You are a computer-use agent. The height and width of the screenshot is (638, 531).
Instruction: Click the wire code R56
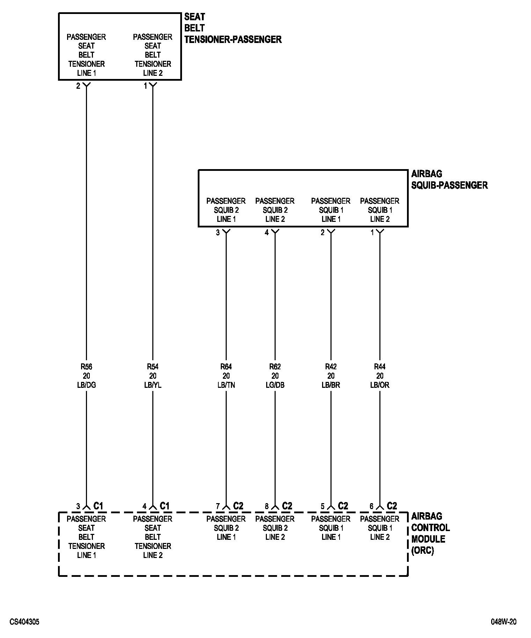86,367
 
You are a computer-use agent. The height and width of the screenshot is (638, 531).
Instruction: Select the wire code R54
153,367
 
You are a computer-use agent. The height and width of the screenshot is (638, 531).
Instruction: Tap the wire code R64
226,367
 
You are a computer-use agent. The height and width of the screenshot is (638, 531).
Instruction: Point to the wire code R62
275,367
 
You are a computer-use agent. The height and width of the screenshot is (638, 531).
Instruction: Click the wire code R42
331,367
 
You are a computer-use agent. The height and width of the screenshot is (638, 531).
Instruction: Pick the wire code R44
380,367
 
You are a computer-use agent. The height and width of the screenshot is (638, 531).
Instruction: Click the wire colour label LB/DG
86,385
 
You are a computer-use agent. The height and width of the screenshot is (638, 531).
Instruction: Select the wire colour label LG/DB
275,385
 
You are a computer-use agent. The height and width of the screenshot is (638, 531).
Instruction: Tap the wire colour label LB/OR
380,385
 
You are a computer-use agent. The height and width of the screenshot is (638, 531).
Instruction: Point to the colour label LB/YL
153,385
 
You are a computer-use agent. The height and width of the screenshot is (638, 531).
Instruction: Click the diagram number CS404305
24,622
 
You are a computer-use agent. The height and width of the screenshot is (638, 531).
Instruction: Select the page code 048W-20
503,622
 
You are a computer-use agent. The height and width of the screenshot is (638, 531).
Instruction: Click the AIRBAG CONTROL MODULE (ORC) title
430,533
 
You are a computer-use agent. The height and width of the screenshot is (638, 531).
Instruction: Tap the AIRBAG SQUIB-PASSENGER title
449,179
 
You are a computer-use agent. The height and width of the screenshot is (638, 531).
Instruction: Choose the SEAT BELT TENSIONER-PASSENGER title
233,28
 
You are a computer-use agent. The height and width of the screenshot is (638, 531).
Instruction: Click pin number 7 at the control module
218,506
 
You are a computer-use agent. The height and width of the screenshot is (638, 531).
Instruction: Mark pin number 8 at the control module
267,506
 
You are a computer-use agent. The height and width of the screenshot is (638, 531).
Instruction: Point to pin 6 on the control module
371,506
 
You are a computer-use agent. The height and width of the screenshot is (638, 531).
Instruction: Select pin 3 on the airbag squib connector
218,233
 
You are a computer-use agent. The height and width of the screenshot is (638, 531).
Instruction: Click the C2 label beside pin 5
343,506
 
